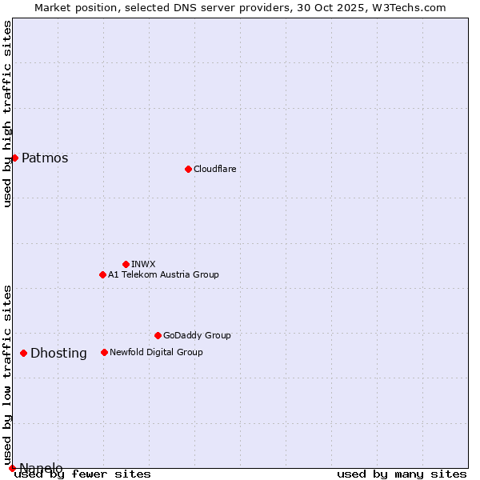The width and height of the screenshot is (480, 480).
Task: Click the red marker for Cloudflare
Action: click(x=188, y=169)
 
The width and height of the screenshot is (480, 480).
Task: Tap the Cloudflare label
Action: click(x=214, y=169)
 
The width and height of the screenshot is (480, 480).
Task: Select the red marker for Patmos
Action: click(x=14, y=158)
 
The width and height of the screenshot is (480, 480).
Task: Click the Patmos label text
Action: click(x=45, y=158)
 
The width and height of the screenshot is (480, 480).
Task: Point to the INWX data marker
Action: click(x=126, y=264)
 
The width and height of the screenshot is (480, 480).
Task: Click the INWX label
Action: click(x=143, y=264)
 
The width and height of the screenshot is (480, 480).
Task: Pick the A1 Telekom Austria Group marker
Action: click(x=102, y=274)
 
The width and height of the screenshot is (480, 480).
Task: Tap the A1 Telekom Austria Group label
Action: click(x=163, y=274)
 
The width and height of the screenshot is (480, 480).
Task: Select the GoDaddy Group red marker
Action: click(x=158, y=335)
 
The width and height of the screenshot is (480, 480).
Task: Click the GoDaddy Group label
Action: click(x=197, y=335)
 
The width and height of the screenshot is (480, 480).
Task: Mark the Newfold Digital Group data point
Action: click(x=104, y=352)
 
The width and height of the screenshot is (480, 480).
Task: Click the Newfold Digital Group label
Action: click(x=156, y=352)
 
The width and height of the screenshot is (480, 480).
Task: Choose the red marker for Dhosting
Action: click(x=23, y=353)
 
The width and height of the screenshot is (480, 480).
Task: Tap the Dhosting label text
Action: click(x=58, y=354)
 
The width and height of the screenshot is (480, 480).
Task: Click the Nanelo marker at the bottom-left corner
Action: click(x=12, y=468)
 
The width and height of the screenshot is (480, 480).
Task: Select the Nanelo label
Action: click(x=41, y=468)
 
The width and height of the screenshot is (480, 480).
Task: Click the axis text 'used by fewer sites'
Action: click(x=82, y=474)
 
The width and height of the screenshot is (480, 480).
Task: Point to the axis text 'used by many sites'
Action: click(x=402, y=474)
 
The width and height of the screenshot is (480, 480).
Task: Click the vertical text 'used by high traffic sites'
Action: click(x=7, y=114)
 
